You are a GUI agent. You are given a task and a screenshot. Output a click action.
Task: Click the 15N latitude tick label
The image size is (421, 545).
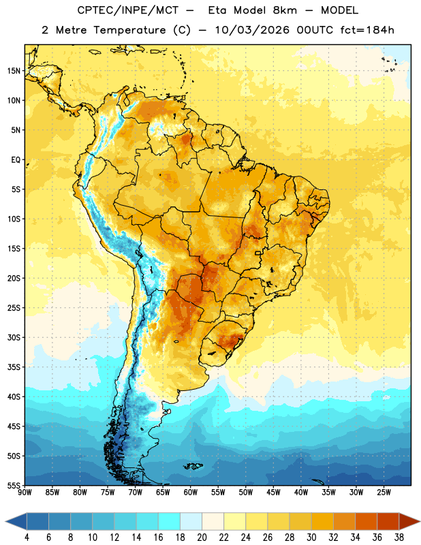pyautogui.click(x=14, y=71)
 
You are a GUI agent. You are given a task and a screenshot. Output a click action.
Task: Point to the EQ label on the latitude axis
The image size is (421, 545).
pyautogui.click(x=16, y=160)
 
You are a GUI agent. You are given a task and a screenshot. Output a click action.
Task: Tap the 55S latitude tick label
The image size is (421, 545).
pyautogui.click(x=14, y=486)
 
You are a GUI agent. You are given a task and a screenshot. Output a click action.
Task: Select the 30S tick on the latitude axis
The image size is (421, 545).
pyautogui.click(x=14, y=337)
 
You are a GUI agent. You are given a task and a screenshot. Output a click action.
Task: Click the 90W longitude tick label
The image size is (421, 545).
pyautogui.click(x=25, y=493)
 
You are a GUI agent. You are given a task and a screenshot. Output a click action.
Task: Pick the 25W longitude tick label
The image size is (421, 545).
pyautogui.click(x=384, y=493)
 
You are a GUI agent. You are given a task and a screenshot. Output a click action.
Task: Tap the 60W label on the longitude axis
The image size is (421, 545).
pyautogui.click(x=191, y=493)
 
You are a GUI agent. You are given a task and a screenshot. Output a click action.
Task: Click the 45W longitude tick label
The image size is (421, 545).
pyautogui.click(x=274, y=493)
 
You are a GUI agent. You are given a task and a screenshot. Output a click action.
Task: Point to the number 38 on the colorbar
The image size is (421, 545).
pyautogui.click(x=399, y=538)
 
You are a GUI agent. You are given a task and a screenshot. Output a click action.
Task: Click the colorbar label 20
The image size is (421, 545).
pyautogui.click(x=202, y=538)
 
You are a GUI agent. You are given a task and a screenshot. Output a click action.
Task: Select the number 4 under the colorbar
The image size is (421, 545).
pyautogui.click(x=27, y=538)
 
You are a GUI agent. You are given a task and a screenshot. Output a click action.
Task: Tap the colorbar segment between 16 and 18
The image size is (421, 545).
pyautogui.click(x=169, y=522)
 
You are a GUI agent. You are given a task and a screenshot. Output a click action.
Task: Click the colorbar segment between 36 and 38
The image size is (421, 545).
pyautogui.click(x=388, y=522)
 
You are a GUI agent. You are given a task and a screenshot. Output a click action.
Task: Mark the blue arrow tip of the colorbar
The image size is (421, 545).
pyautogui.click(x=6, y=522)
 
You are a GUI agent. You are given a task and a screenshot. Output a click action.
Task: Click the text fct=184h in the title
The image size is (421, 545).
pyautogui.click(x=367, y=30)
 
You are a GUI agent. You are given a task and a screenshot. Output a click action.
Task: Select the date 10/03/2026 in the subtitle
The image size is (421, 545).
pyautogui.click(x=252, y=30)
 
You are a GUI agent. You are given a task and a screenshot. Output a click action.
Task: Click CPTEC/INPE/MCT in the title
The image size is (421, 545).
pyautogui.click(x=128, y=10)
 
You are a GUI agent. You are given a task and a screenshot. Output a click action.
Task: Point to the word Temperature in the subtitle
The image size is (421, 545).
pyautogui.click(x=129, y=30)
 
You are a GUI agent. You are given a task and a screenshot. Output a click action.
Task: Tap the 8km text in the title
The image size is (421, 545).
pyautogui.click(x=285, y=10)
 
